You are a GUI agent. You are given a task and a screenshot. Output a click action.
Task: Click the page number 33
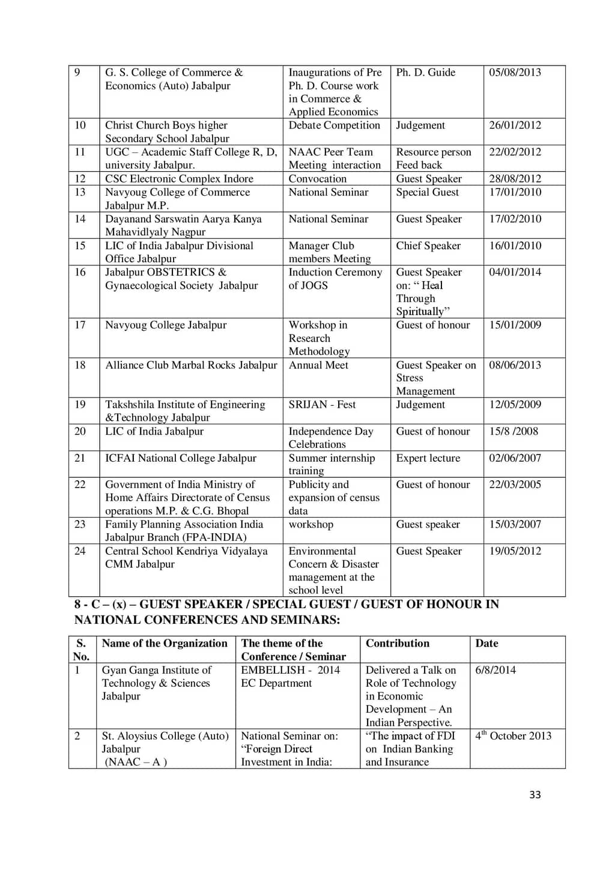pos(535,794)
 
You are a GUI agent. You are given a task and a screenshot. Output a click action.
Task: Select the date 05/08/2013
pos(515,73)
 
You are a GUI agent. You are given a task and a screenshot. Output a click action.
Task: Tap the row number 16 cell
pos(80,273)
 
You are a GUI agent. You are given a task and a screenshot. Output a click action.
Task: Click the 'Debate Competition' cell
pos(334,125)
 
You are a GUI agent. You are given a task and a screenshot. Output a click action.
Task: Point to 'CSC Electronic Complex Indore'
pos(179,179)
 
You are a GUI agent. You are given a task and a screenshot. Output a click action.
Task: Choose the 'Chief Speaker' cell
pos(428,246)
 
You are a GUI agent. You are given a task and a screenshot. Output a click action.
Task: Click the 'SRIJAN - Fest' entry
pos(322,405)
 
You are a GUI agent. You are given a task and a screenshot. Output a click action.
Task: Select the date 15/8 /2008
pos(514,432)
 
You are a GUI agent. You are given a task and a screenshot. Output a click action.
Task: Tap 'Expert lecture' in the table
pos(428,458)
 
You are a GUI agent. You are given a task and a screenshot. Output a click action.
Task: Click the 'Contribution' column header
pos(398,644)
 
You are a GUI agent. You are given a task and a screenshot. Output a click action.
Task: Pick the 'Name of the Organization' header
pos(165,644)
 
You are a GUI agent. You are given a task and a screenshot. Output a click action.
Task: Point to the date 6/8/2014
pos(495,670)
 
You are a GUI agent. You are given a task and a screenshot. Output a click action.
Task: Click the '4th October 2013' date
pos(514,736)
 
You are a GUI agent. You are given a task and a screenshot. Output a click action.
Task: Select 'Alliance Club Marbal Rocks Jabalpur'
pos(191,365)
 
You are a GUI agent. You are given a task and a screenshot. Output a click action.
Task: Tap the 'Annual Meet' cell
pos(318,365)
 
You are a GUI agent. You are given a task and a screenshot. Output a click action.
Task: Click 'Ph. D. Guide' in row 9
pos(425,73)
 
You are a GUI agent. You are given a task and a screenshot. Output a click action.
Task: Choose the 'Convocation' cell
pos(317,179)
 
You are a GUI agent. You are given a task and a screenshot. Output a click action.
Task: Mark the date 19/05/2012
pos(515,551)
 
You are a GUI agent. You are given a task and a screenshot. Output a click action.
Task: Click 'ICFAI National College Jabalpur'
pos(181,458)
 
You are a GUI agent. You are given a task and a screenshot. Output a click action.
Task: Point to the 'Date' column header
pos(486,644)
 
